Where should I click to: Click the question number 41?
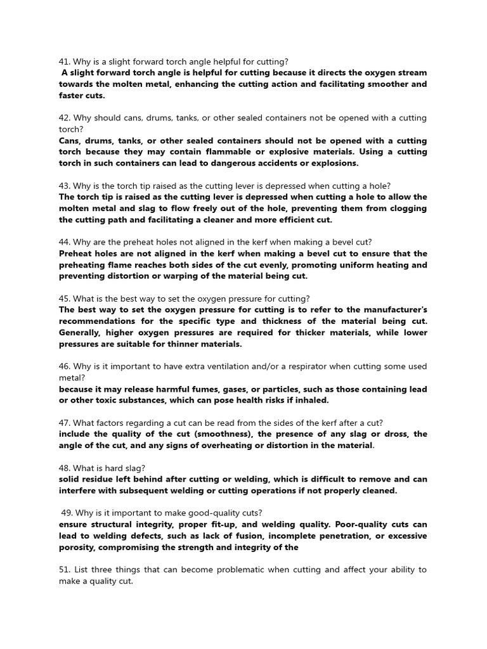pyautogui.click(x=64, y=61)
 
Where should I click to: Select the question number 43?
pyautogui.click(x=64, y=186)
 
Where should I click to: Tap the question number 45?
pyautogui.click(x=64, y=299)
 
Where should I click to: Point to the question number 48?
pyautogui.click(x=64, y=468)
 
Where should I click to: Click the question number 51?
pyautogui.click(x=64, y=570)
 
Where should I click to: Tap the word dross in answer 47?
pyautogui.click(x=389, y=434)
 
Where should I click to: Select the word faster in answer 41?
pyautogui.click(x=73, y=95)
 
